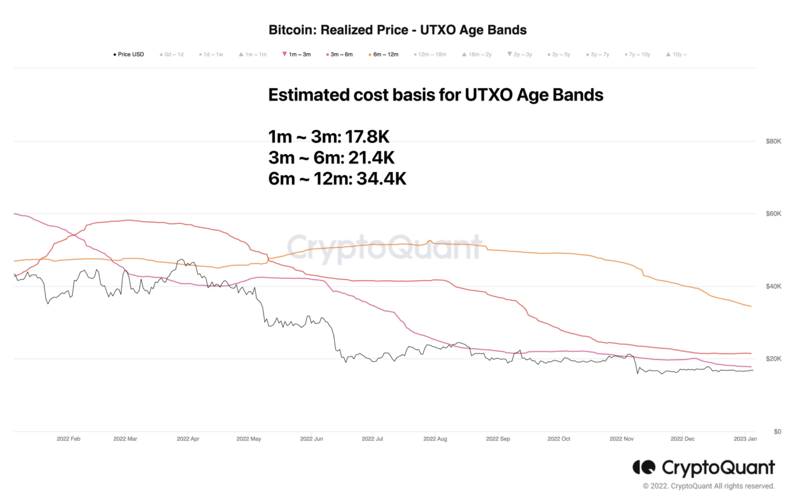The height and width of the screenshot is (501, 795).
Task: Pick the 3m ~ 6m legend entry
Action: pos(341,55)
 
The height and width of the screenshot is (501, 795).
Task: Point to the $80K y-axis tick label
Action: pos(773,141)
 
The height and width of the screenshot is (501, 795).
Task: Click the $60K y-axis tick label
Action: pos(773,214)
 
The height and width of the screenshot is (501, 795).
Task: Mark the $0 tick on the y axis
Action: pos(777,432)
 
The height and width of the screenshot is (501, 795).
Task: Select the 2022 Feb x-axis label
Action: pos(69,439)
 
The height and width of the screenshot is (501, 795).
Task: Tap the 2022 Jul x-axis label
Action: pos(372,439)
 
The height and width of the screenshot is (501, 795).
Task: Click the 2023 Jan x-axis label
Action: pos(745,439)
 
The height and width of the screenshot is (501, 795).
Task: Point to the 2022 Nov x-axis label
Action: pos(621,439)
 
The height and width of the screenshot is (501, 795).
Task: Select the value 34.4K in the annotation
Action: pos(382,179)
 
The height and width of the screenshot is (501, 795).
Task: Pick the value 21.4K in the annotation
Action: pos(371,158)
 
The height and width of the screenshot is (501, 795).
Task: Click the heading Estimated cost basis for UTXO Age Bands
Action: pos(436,95)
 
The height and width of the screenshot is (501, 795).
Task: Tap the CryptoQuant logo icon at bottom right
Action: pos(644,468)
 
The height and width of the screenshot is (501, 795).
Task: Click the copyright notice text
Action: pos(708,487)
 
